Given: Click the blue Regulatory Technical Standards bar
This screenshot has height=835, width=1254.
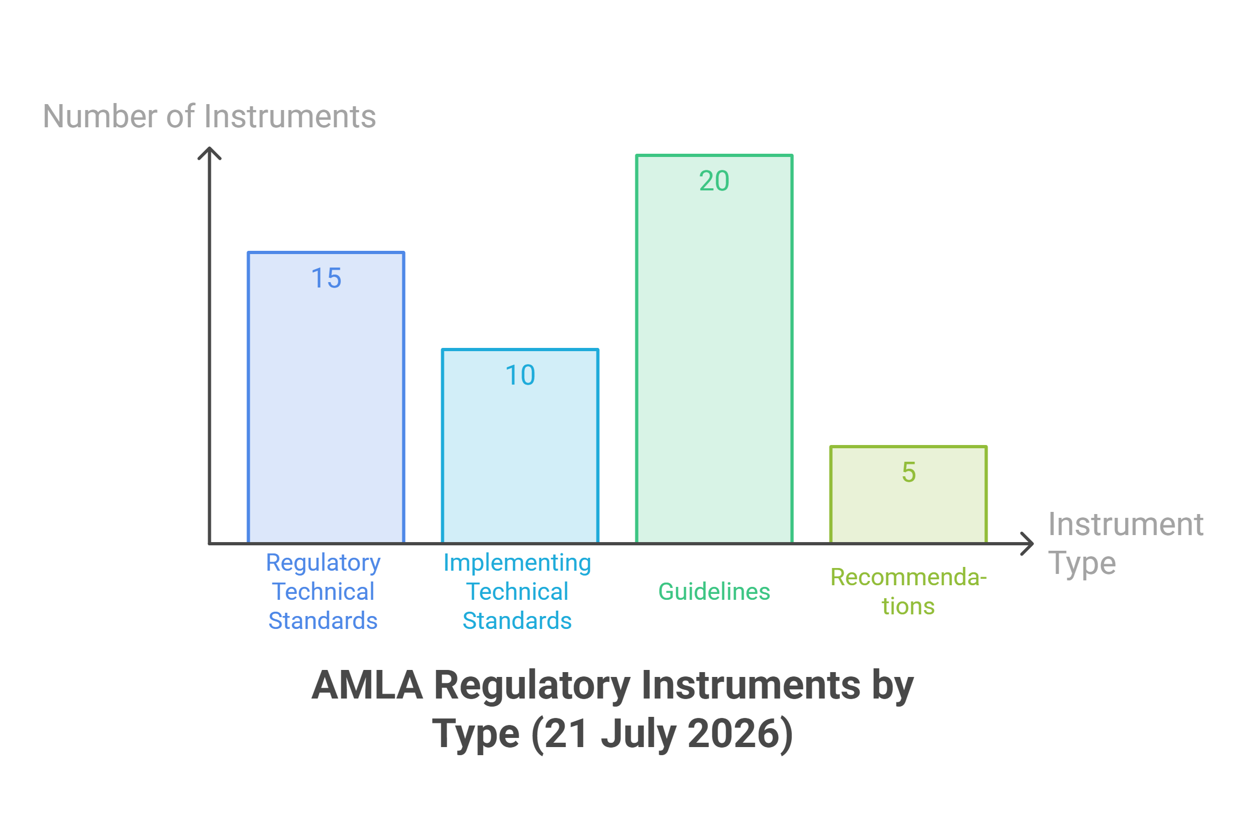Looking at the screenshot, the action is pyautogui.click(x=326, y=397).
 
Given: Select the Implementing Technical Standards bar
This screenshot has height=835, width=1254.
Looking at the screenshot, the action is pyautogui.click(x=520, y=446).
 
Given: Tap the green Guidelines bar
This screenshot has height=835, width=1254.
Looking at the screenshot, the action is pyautogui.click(x=714, y=348).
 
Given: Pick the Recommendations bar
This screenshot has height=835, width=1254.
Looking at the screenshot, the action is pyautogui.click(x=908, y=494).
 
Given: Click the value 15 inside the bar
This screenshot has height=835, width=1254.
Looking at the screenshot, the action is pyautogui.click(x=326, y=278).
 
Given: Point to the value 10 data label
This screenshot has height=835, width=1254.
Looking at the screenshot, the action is pyautogui.click(x=520, y=375).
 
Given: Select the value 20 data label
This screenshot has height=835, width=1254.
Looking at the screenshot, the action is pyautogui.click(x=714, y=181).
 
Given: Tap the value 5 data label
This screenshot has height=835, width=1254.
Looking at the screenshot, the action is pyautogui.click(x=909, y=473).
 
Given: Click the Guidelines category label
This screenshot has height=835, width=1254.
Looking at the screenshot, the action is pyautogui.click(x=714, y=592).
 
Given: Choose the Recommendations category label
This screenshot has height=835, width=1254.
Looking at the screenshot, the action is pyautogui.click(x=908, y=592).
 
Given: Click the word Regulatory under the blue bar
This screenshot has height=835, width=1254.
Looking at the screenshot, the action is pyautogui.click(x=323, y=564).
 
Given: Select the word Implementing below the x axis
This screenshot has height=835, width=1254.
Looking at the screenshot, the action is pyautogui.click(x=517, y=564).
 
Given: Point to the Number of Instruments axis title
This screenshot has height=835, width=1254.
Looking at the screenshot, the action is pyautogui.click(x=209, y=117).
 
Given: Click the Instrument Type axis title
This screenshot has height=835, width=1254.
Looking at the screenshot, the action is pyautogui.click(x=1126, y=544).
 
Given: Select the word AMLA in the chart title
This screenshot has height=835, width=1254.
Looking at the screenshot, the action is pyautogui.click(x=367, y=686).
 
